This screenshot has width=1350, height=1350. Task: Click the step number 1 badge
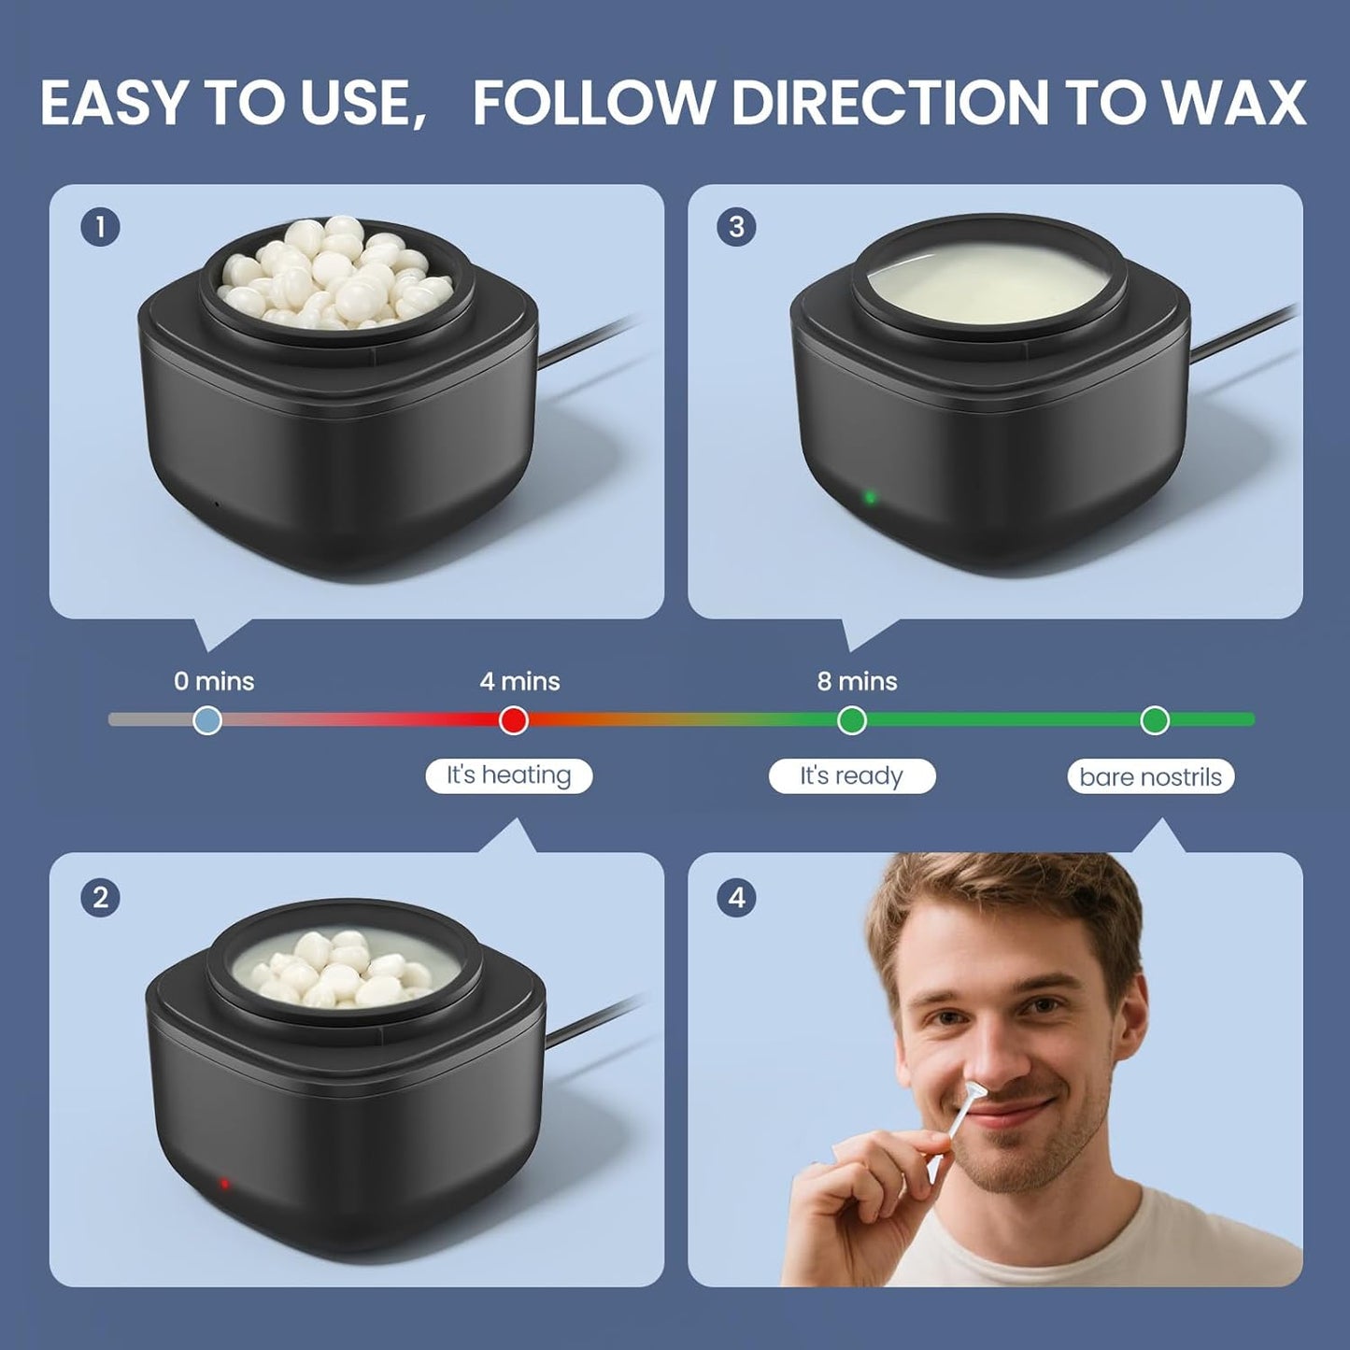coord(100,227)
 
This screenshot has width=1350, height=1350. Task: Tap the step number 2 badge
coord(100,898)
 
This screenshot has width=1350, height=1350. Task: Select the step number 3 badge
coord(737,227)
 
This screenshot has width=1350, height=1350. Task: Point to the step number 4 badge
coord(737,898)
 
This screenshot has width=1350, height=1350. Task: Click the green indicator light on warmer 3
coord(870,497)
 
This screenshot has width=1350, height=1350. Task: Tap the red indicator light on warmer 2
coord(224,1184)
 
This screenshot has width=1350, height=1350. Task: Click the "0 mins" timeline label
coord(214,681)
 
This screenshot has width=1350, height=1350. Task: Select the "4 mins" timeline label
coord(519,681)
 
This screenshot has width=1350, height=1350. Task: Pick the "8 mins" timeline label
coord(857,681)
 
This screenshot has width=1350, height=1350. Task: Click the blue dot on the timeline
coord(207,720)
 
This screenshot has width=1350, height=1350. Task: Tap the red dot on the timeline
coord(513,720)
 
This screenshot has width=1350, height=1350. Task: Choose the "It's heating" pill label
coord(508,775)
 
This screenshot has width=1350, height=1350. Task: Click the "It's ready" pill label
coord(851,776)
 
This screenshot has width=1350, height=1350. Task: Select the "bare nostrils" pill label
coord(1150,777)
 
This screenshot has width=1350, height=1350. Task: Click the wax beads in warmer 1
coord(334,271)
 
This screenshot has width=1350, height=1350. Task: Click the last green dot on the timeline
coord(1155,720)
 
